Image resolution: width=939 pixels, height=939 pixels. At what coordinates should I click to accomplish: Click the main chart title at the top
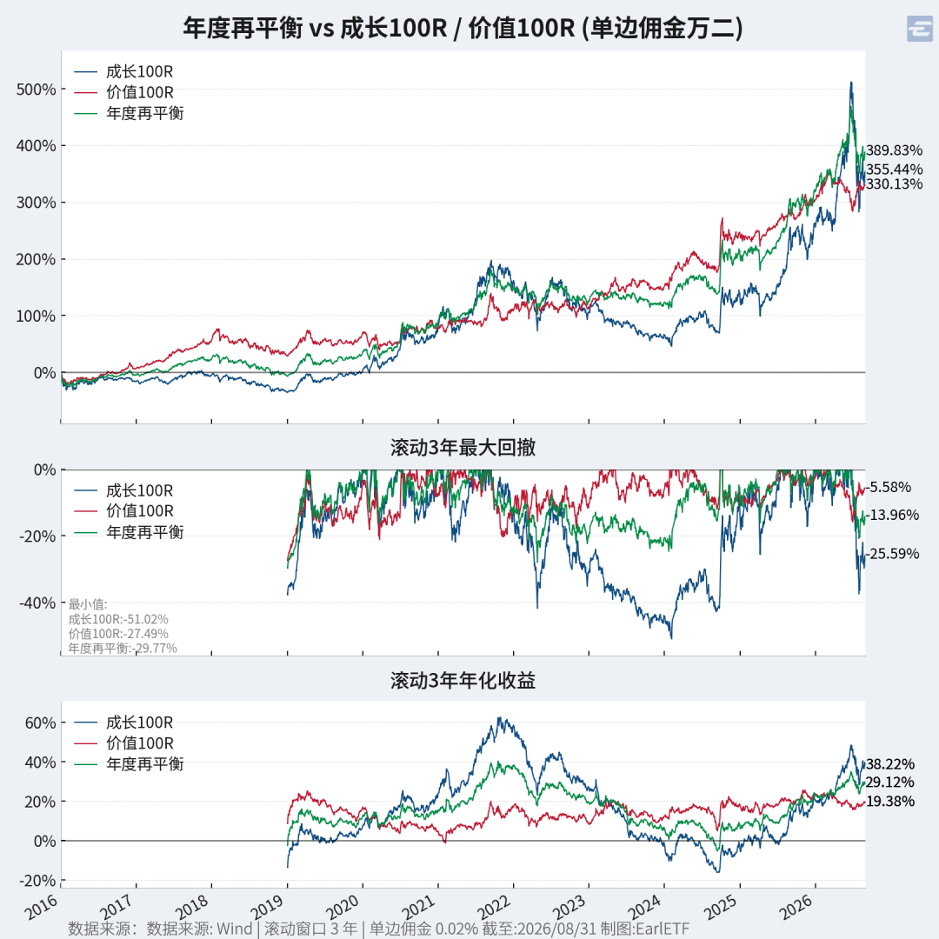463,28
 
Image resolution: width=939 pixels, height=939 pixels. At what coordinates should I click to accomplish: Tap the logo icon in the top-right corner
920,29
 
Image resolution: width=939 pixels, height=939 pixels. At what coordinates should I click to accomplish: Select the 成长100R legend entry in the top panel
123,72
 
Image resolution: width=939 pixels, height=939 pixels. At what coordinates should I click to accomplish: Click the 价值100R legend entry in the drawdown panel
123,511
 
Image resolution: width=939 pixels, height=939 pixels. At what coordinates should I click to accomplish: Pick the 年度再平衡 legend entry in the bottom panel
129,764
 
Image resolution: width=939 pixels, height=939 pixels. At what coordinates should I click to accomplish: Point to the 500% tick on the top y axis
36,90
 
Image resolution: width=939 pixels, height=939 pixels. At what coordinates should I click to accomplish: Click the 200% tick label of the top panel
36,259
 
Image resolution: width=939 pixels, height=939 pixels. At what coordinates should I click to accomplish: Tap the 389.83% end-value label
894,150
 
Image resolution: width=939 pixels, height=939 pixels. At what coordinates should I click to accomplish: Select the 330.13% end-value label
894,183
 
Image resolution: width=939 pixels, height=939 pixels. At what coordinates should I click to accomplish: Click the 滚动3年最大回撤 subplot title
463,448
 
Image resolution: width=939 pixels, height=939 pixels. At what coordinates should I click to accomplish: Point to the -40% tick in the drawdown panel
37,603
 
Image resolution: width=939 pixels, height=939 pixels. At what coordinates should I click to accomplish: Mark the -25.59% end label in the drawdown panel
892,554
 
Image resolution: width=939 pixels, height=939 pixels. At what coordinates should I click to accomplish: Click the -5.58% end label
889,488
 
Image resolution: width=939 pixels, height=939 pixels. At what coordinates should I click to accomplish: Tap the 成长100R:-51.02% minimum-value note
118,619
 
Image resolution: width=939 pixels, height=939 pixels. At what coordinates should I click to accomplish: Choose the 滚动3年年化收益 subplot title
463,680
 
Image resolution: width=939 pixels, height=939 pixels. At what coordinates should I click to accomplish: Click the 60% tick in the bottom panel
40,723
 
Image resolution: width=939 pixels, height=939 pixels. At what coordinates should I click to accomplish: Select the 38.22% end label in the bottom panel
890,765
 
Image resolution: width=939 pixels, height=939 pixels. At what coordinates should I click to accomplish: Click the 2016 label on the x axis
41,907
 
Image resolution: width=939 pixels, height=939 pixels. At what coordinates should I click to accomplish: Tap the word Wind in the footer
234,929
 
